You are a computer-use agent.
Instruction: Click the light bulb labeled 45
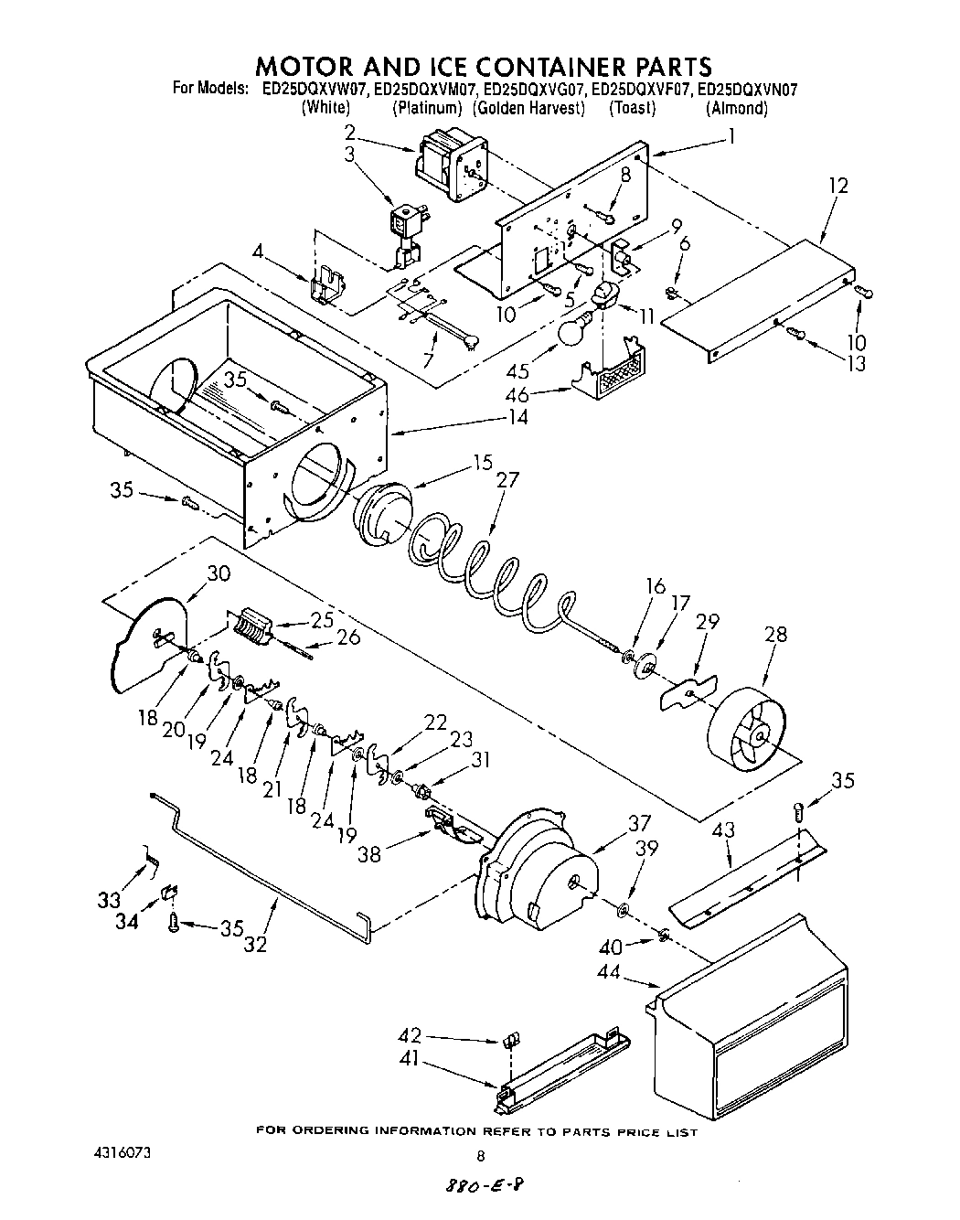574,332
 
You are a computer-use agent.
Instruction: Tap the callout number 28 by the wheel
774,635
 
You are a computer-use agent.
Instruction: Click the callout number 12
837,186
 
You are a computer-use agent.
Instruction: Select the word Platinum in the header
427,108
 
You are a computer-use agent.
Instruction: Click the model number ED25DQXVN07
747,90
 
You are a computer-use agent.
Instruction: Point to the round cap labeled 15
379,518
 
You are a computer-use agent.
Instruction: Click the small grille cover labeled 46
606,371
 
